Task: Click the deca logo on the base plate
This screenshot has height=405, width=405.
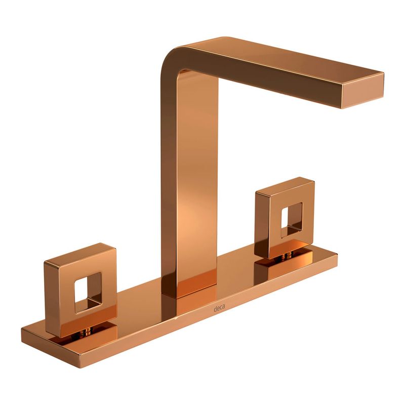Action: (x=219, y=308)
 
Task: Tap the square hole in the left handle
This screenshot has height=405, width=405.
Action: (x=88, y=293)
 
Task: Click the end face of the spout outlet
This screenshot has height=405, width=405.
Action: (x=363, y=91)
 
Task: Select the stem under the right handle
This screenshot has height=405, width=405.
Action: (x=287, y=256)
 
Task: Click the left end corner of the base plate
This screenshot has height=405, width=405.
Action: (x=22, y=329)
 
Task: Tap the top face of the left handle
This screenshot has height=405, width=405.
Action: (x=80, y=255)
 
